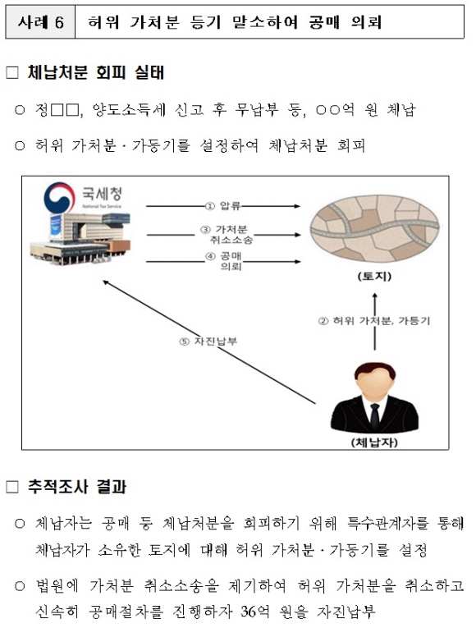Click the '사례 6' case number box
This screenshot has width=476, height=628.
click(x=40, y=21)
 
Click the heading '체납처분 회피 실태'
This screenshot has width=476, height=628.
click(x=96, y=73)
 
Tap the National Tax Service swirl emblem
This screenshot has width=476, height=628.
click(x=60, y=197)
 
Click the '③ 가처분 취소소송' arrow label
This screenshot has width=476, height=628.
click(x=227, y=235)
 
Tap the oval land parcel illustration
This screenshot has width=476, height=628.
click(x=374, y=231)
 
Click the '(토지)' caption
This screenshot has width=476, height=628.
click(x=374, y=277)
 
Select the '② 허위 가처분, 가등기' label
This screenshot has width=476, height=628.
click(x=374, y=321)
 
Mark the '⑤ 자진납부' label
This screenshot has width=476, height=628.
click(x=208, y=342)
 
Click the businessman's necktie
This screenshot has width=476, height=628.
click(x=374, y=415)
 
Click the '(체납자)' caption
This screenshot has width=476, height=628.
click(x=374, y=442)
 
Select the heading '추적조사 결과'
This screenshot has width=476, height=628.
click(x=77, y=487)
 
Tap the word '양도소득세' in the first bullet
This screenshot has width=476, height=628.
click(x=129, y=109)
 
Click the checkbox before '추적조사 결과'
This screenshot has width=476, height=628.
click(x=12, y=488)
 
